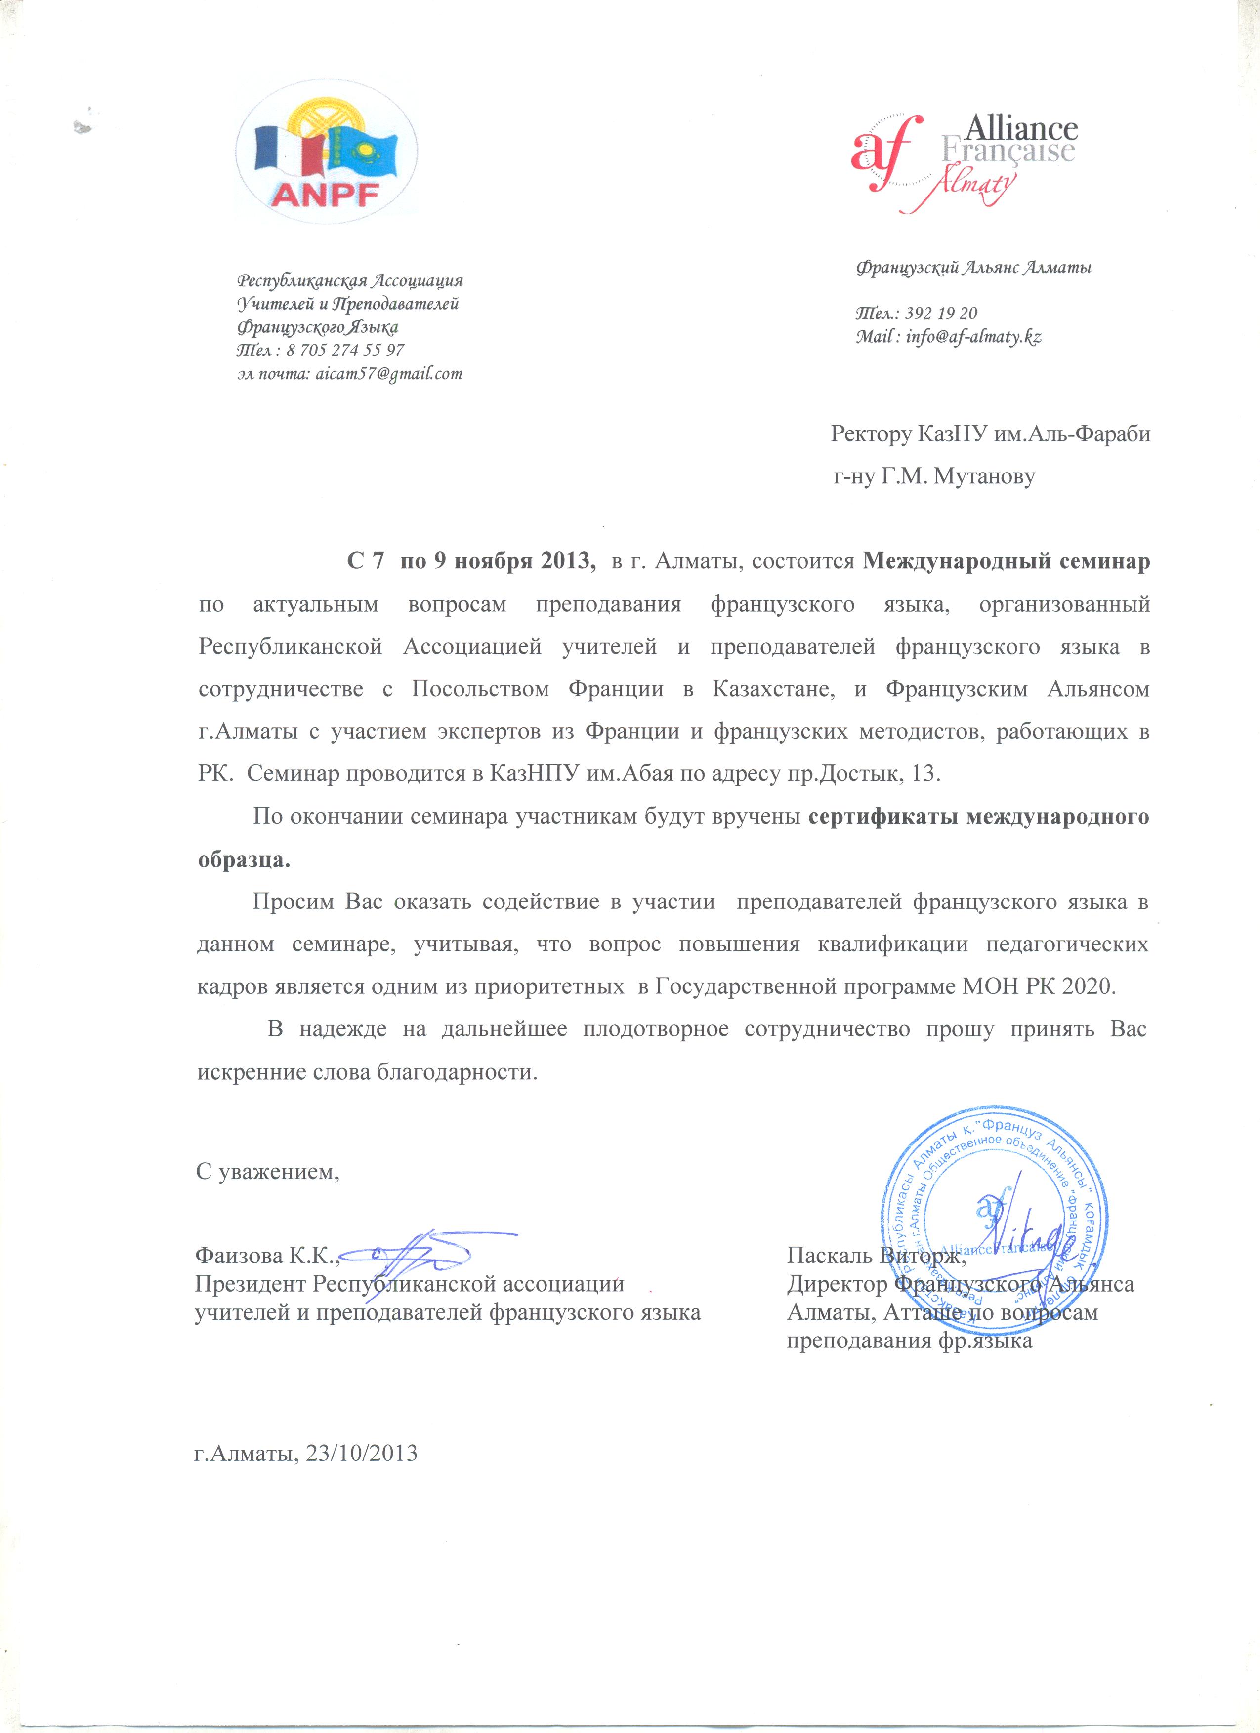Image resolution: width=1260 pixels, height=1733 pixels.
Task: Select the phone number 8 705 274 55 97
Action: pos(345,350)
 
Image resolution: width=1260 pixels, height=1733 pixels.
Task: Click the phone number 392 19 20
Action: pos(941,313)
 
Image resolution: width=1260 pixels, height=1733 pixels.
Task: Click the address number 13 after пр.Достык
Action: pos(925,773)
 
